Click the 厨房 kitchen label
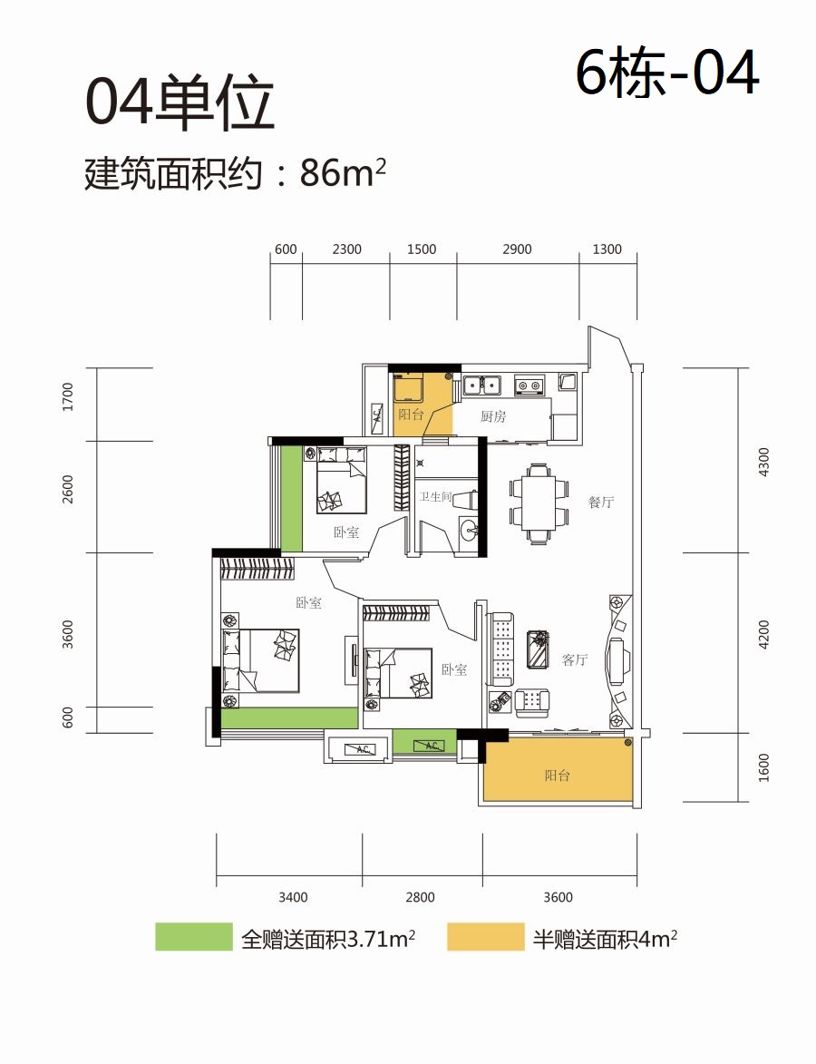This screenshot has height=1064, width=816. pyautogui.click(x=493, y=416)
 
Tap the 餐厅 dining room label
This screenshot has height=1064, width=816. pyautogui.click(x=601, y=503)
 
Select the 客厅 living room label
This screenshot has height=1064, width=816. pyautogui.click(x=575, y=659)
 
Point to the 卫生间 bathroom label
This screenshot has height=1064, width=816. pyautogui.click(x=435, y=497)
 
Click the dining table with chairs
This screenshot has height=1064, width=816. pyautogui.click(x=539, y=503)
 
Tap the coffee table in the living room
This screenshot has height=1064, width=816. pyautogui.click(x=539, y=649)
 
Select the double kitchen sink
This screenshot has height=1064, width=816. pyautogui.click(x=481, y=386)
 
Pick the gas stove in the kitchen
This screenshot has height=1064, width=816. pyautogui.click(x=529, y=386)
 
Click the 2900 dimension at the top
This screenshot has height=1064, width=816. pyautogui.click(x=517, y=249)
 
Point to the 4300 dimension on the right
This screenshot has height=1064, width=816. pyautogui.click(x=763, y=462)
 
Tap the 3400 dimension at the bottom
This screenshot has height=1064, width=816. pyautogui.click(x=293, y=897)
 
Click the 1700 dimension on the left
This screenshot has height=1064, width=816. pyautogui.click(x=67, y=397)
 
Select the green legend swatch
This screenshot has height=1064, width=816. pyautogui.click(x=194, y=937)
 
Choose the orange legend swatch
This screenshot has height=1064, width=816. pyautogui.click(x=486, y=937)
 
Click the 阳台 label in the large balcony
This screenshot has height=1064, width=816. pyautogui.click(x=558, y=775)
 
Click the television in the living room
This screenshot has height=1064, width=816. pyautogui.click(x=618, y=659)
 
